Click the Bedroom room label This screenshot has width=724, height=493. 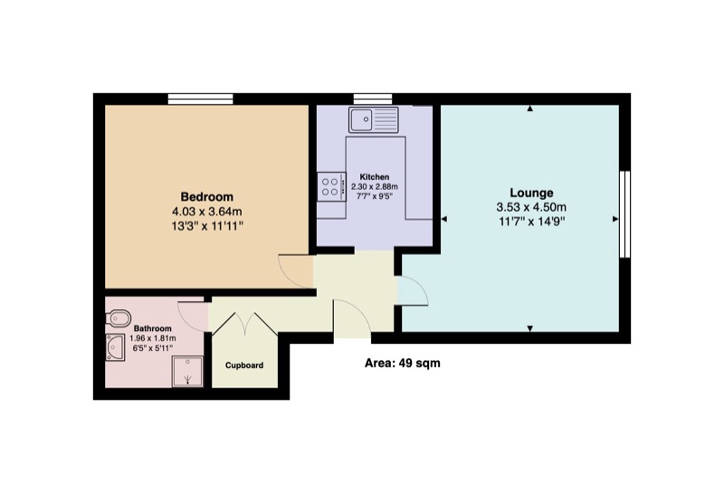point(207,196)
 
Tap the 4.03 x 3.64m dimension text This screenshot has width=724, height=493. point(207,211)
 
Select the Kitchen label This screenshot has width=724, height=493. point(375,176)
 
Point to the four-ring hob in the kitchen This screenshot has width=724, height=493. point(331,187)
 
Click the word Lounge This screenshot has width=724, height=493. point(531,193)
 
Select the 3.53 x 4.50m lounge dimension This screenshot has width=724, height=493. point(531,206)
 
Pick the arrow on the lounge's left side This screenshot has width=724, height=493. point(444,220)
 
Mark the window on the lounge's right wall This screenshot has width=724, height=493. point(624,214)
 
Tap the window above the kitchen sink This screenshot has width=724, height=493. point(372,98)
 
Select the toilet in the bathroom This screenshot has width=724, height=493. point(115,318)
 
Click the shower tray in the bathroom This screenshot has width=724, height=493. point(188,371)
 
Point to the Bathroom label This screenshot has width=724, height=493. point(153,328)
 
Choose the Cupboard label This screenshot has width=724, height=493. point(244,365)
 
